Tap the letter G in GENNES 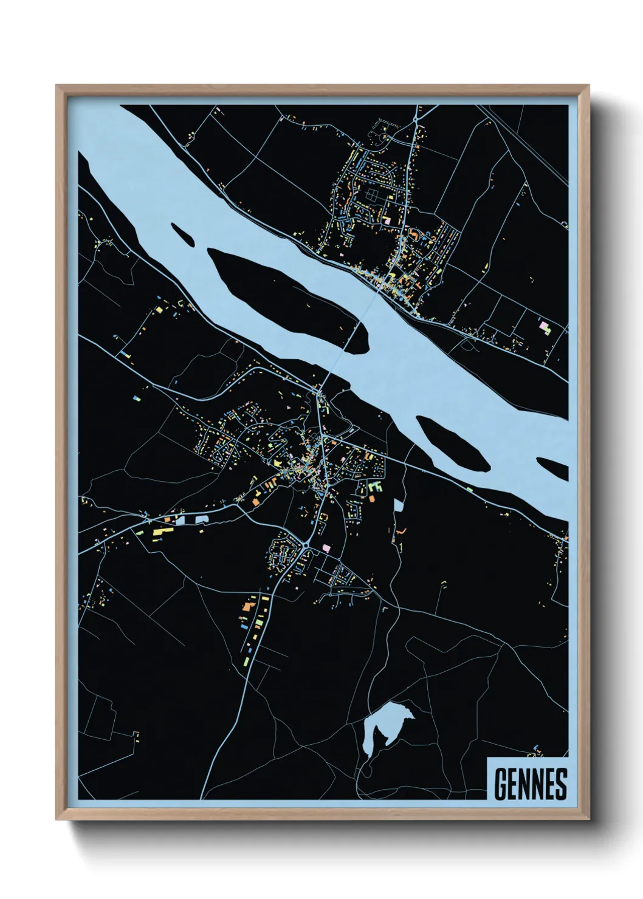[x=501, y=784]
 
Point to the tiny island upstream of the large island [x=182, y=234]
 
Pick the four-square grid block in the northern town [x=371, y=196]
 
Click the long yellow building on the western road [x=159, y=532]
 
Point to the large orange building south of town [x=248, y=605]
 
